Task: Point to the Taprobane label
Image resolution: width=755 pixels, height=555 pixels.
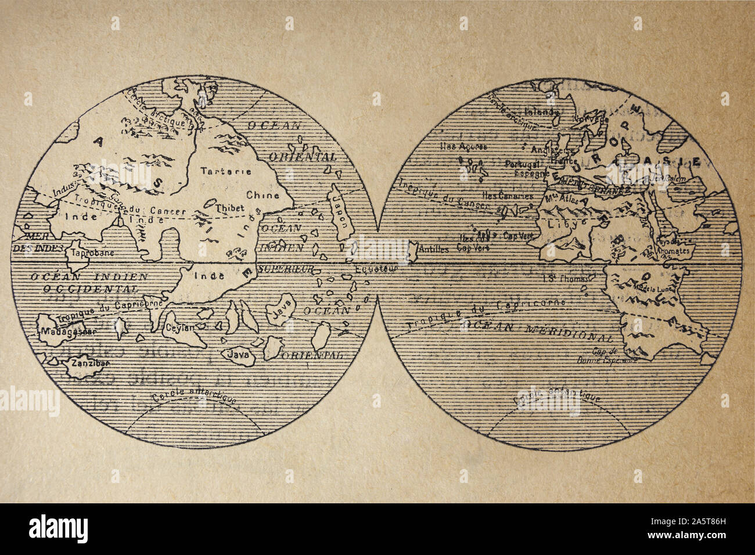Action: [x=89, y=253]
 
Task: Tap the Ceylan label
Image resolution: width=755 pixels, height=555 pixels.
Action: [x=179, y=327]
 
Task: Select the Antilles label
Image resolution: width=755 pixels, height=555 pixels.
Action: [x=433, y=250]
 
